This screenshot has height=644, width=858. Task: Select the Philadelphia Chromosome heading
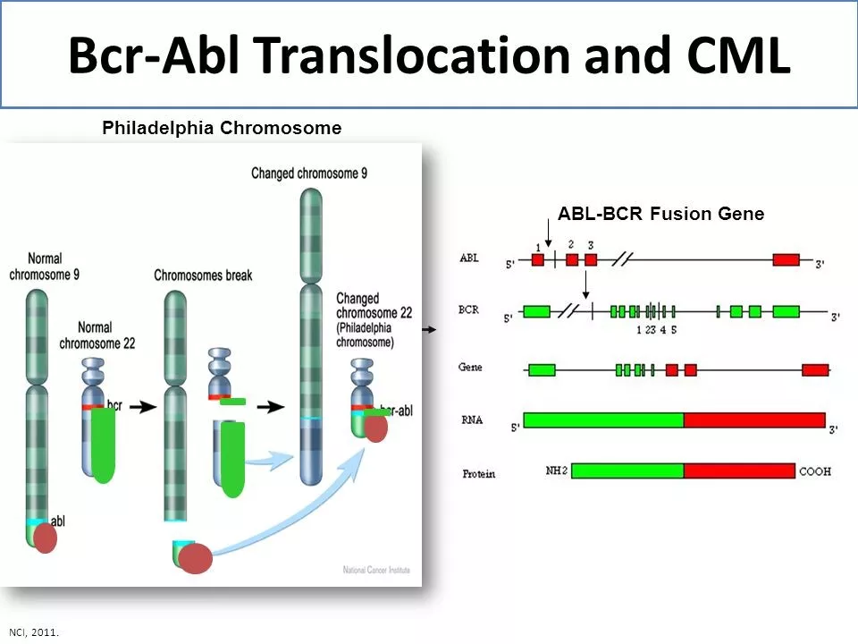[x=222, y=128]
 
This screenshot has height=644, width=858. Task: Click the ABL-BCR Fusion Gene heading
[x=660, y=214]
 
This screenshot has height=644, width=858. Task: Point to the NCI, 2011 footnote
[x=34, y=631]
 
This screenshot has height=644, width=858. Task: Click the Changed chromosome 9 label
[x=309, y=173]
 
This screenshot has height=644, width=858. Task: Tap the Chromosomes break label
[x=203, y=275]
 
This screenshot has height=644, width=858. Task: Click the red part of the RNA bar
[x=753, y=420]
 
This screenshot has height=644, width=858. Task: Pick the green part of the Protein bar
[x=627, y=470]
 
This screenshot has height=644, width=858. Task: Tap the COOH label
[x=814, y=470]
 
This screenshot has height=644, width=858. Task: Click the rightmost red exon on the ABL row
[x=786, y=259]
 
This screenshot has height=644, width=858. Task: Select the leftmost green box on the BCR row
[x=536, y=311]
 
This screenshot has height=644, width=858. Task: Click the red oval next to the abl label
[x=45, y=538]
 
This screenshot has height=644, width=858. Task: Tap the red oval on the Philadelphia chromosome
[x=376, y=428]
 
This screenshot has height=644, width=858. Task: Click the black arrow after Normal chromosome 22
[x=142, y=407]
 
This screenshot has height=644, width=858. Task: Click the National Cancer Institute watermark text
[x=375, y=570]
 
